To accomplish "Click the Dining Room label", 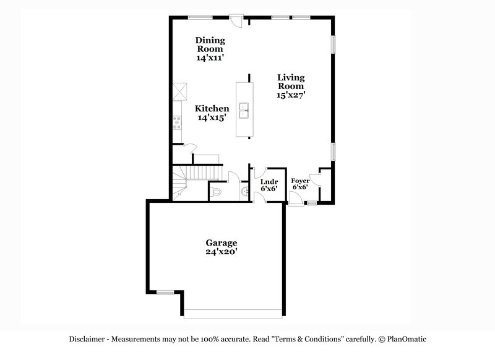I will pyautogui.click(x=210, y=43).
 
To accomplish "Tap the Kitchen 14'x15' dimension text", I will pyautogui.click(x=209, y=118).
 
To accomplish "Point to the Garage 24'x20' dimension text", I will pyautogui.click(x=222, y=252).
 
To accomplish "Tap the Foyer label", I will pyautogui.click(x=300, y=181).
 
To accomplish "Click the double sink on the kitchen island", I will pyautogui.click(x=244, y=109).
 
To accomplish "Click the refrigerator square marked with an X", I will pyautogui.click(x=180, y=91).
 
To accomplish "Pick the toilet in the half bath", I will pyautogui.click(x=216, y=193).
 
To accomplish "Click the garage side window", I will pyautogui.click(x=165, y=291).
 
